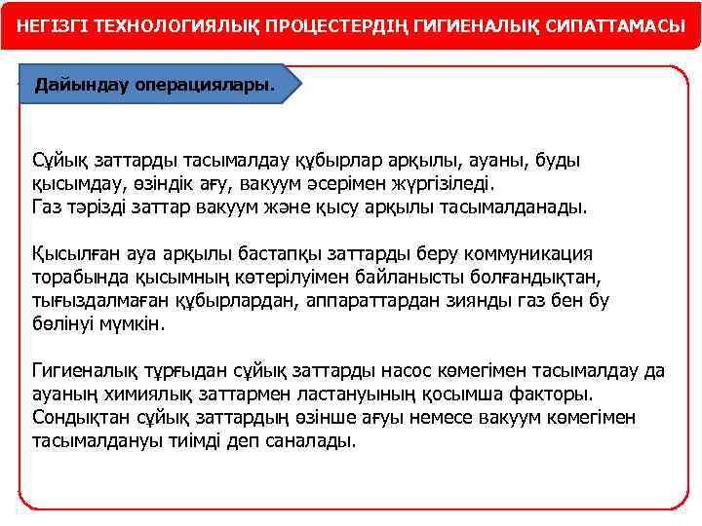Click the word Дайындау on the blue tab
[76, 85]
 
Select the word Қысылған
[71, 253]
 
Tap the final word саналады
[318, 440]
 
